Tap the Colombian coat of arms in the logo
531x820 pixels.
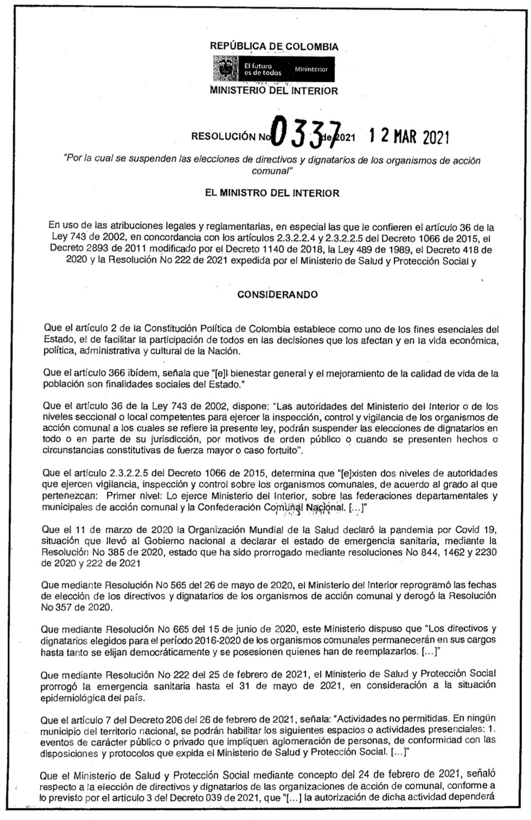(x=225, y=69)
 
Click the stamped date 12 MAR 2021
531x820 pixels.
(x=409, y=135)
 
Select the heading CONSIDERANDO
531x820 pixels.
(x=278, y=295)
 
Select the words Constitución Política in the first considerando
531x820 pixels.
(x=193, y=328)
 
